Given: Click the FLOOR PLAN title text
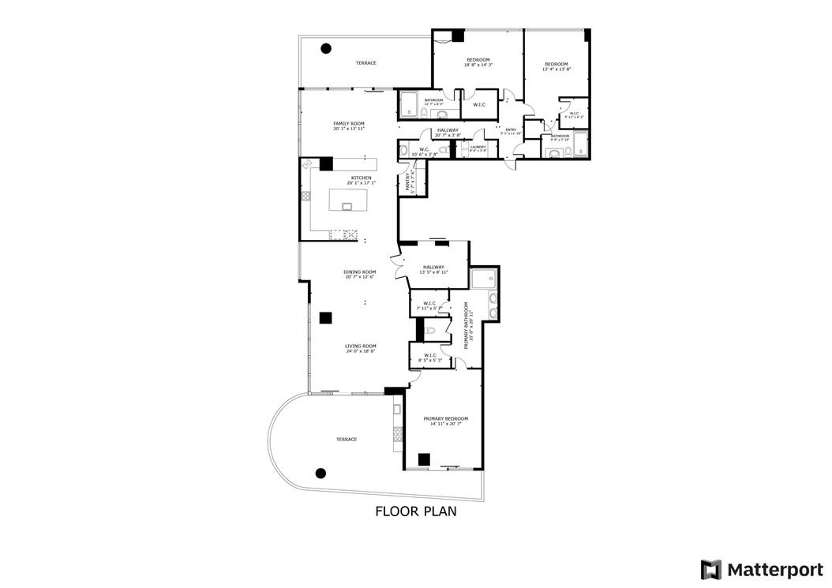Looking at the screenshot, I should (415, 511).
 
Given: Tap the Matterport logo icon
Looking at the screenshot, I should (711, 569).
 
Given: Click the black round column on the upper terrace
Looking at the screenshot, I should (325, 48).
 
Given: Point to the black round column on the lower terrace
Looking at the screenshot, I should (320, 473).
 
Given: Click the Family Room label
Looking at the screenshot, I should (348, 125).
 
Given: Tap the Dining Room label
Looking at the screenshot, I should (359, 274).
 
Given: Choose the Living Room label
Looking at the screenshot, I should (360, 348).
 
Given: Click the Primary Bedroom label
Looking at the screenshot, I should (445, 421).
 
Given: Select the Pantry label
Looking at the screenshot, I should (409, 183).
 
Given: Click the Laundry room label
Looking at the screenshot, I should (478, 148).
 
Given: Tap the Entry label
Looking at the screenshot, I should (511, 131).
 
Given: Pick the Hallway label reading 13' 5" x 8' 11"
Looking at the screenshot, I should (434, 269).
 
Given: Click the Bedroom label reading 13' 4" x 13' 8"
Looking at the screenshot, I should (556, 66).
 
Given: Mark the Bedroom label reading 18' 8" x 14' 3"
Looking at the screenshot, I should (478, 62).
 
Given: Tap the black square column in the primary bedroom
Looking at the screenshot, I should (424, 459).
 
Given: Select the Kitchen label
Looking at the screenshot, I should (361, 180).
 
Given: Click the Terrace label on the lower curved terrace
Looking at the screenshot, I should (346, 439).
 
